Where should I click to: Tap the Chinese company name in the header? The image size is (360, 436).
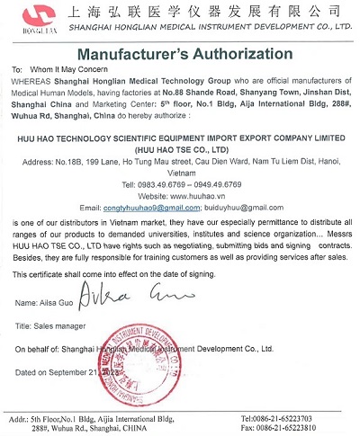[x=189, y=12]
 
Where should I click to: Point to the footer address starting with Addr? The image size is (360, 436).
[x=90, y=423]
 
